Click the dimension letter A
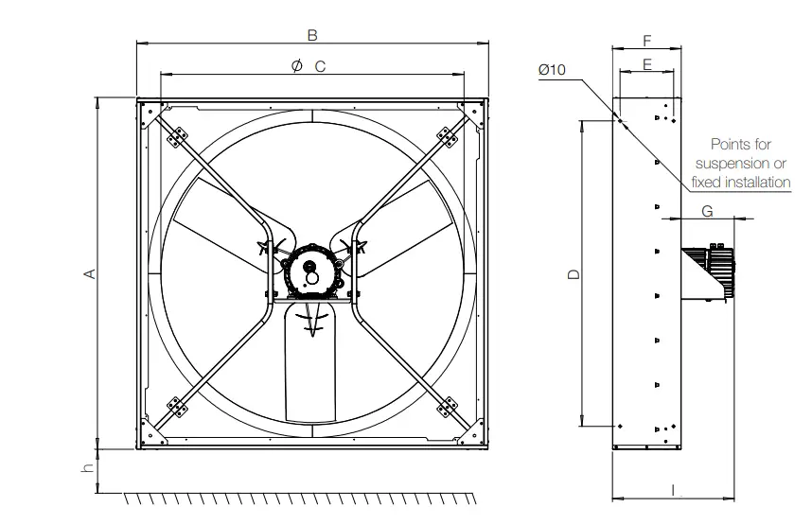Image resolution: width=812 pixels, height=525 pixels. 91,273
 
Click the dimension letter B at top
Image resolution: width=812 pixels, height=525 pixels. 312,35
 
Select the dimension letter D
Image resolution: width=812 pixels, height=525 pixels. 573,274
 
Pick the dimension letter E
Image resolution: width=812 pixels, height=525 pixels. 646,63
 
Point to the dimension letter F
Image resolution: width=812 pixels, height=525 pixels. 646,41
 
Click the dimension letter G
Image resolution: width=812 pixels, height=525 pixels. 707,210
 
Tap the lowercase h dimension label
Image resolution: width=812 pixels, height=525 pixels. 86,469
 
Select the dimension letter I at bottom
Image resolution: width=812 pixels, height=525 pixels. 672,489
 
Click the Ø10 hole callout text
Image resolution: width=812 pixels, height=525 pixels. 552,69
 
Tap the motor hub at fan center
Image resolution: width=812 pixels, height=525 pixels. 309,272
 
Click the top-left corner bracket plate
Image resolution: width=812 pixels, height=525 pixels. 177,138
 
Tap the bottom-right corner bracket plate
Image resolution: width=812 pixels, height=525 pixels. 445,406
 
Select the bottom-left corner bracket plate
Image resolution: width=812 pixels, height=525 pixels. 176,406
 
